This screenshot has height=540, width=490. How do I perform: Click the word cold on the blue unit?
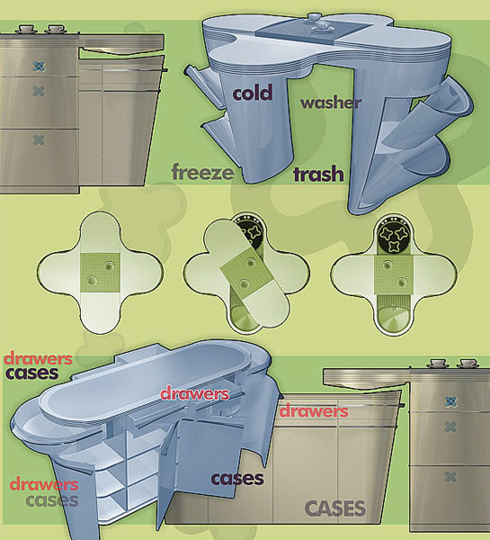point(253,93)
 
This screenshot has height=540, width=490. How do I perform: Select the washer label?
point(331,103)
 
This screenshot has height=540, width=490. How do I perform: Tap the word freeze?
point(202,172)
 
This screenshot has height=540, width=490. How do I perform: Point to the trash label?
point(318,175)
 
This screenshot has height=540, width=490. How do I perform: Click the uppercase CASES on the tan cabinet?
point(335,508)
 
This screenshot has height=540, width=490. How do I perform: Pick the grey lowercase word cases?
point(52,500)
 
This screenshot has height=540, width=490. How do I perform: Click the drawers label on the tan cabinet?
point(314,411)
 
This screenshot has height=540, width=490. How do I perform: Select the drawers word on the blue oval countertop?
point(195,393)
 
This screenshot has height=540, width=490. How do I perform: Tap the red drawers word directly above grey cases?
point(44,484)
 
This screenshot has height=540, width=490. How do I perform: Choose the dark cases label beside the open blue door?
point(237,479)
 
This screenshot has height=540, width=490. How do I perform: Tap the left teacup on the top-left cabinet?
point(24,29)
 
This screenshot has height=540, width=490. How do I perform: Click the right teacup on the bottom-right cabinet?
point(468,364)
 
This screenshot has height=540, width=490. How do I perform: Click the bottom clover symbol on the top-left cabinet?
point(39,139)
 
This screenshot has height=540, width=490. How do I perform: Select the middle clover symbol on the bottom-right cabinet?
point(450,427)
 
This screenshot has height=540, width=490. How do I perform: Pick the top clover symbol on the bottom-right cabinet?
point(450,401)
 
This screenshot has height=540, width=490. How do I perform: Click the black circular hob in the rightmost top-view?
point(393,238)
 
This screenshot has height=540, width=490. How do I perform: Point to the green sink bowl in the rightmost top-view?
point(393,319)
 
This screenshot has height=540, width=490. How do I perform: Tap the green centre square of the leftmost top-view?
point(100,273)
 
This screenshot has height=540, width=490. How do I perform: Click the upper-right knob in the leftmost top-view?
point(110,266)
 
